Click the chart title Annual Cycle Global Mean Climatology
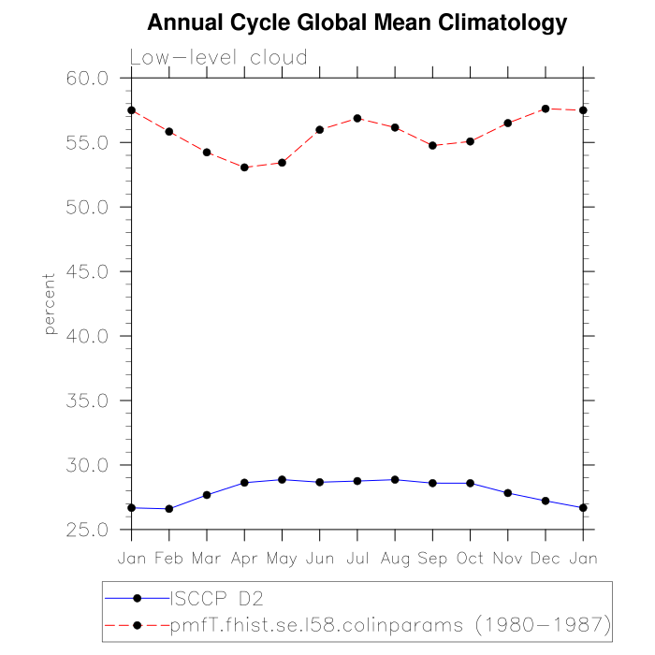[x=357, y=22]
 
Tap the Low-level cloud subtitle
[x=218, y=58]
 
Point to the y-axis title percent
[x=50, y=304]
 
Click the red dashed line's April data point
[x=244, y=167]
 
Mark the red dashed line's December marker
[x=546, y=109]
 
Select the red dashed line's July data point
[x=357, y=118]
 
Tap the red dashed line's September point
[x=432, y=145]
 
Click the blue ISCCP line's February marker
[x=169, y=509]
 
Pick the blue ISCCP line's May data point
[x=282, y=479]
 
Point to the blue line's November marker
[x=507, y=493]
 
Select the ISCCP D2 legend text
[x=213, y=597]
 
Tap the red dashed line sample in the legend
[x=137, y=623]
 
